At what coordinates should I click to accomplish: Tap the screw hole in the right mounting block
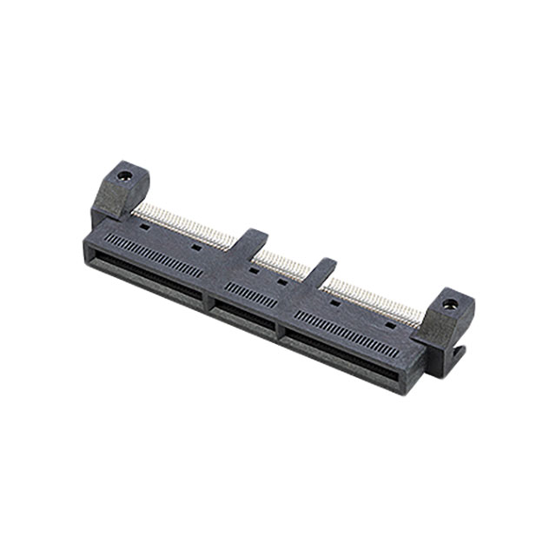449,305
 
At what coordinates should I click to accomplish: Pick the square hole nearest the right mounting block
390,323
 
